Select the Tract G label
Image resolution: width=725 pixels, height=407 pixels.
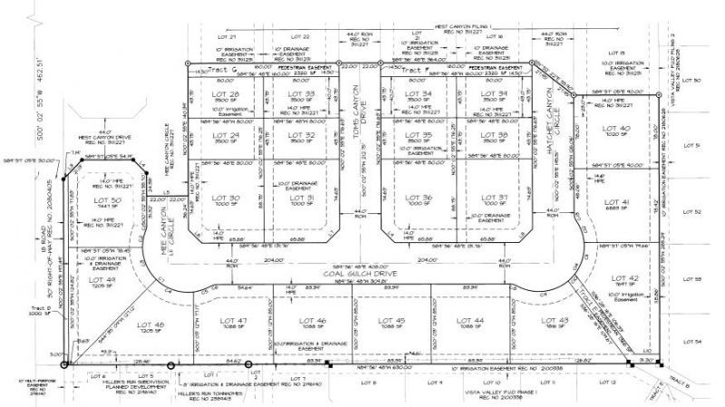[x=224, y=70]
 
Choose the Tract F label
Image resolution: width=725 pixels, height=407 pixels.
[x=419, y=70]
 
